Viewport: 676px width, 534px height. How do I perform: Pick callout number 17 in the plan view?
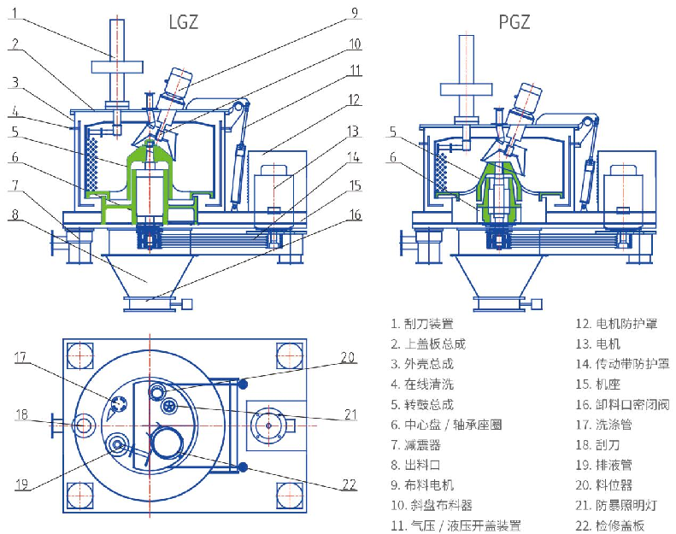tap(21, 359)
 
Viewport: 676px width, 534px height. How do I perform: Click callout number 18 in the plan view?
tap(21, 416)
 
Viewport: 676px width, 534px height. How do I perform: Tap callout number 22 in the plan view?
tap(347, 484)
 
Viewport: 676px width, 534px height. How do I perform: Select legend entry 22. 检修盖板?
tap(614, 525)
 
